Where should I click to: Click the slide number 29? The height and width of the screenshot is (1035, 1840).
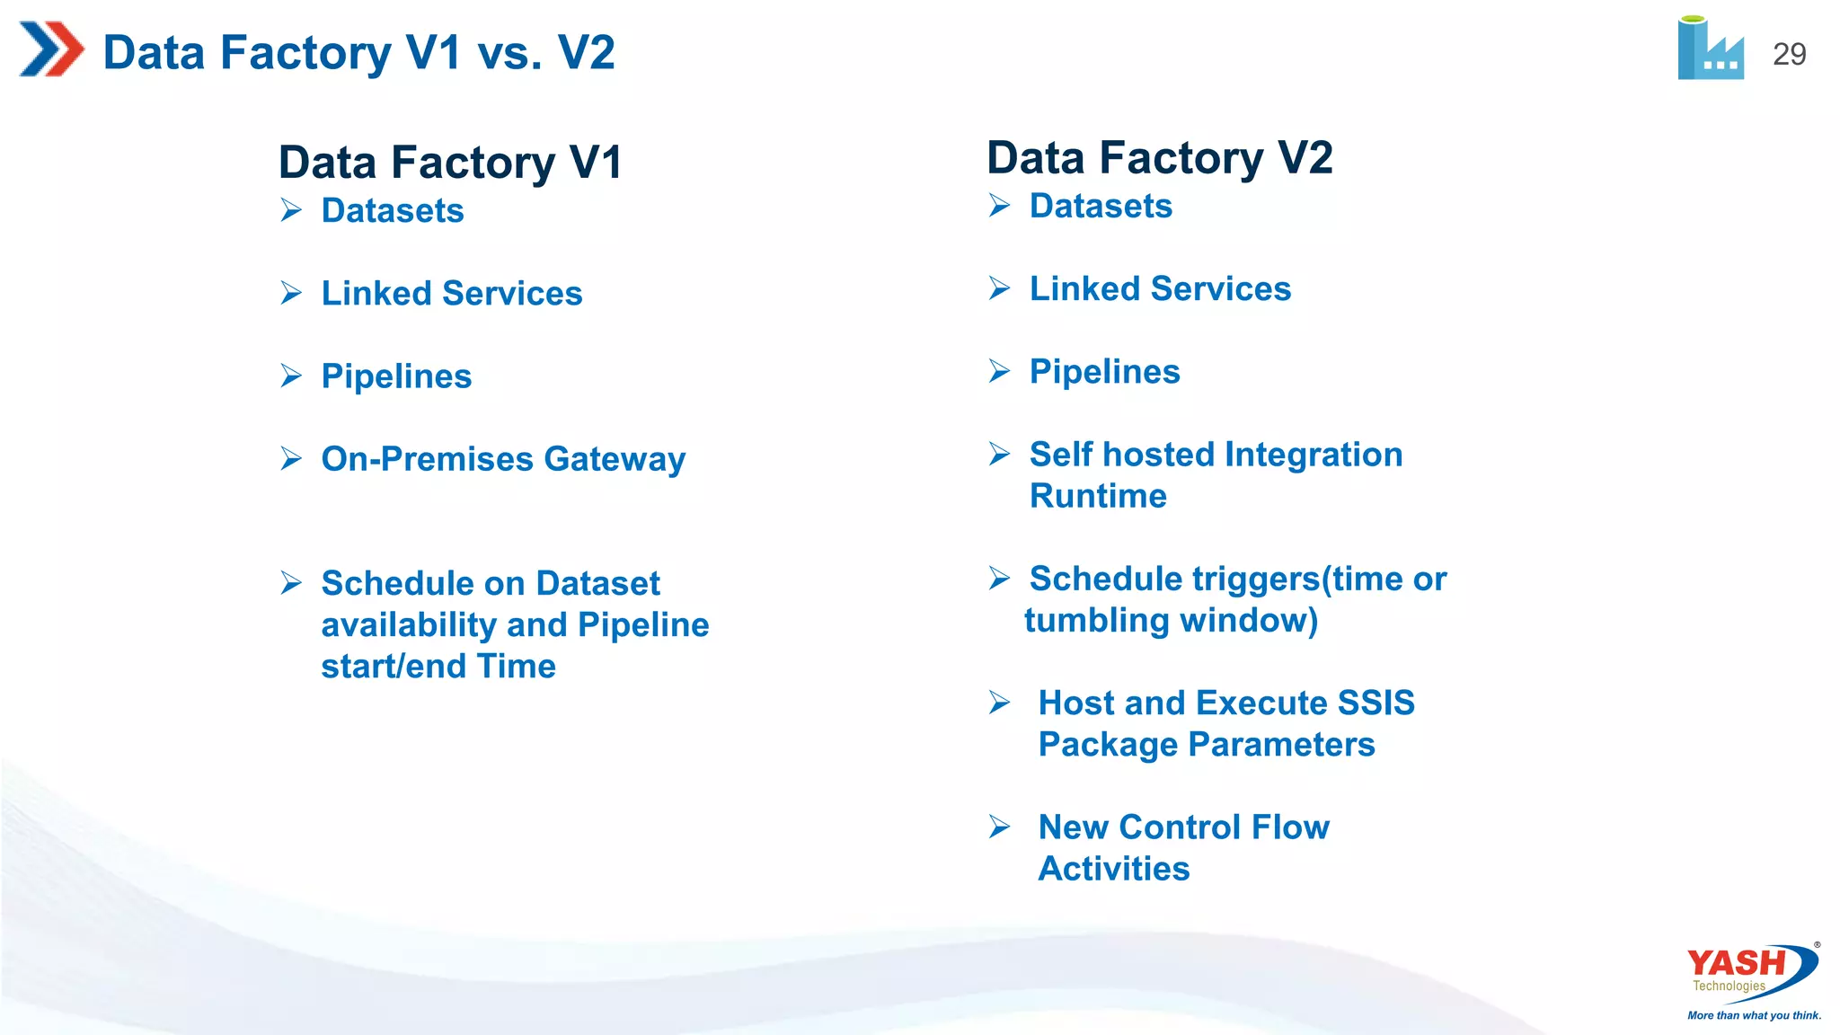coord(1789,55)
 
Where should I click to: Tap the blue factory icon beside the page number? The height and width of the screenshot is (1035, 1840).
coord(1710,50)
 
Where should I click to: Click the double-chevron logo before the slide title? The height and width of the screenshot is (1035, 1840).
coord(51,49)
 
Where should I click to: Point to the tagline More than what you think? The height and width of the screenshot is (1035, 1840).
coord(1754,1015)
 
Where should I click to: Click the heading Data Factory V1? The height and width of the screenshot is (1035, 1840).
coord(450,163)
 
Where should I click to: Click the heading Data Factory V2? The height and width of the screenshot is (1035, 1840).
coord(1159,158)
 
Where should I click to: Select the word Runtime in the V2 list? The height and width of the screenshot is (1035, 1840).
coord(1098,496)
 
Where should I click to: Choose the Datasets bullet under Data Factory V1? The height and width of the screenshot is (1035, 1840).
coord(393,210)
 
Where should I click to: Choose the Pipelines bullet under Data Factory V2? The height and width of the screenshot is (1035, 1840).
coord(1104,372)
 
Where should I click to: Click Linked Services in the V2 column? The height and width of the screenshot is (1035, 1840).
coord(1160,289)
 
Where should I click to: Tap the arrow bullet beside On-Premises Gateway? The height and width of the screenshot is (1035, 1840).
coord(291,458)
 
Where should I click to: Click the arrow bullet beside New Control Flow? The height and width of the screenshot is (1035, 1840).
coord(999,827)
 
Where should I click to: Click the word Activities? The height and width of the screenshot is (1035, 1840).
coord(1114,869)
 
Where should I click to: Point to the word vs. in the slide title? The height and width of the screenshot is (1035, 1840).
coord(510,52)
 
